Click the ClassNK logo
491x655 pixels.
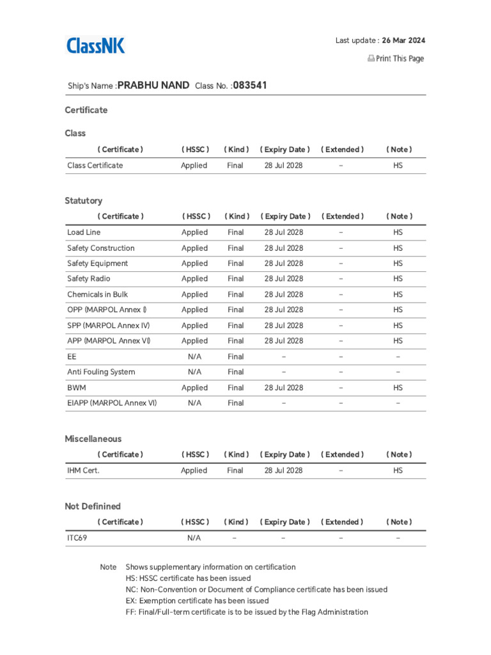pos(96,45)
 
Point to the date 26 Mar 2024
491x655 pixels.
pos(403,40)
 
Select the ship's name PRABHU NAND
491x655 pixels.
pos(153,85)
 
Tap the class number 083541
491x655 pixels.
pos(250,85)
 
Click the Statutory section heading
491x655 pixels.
pos(83,201)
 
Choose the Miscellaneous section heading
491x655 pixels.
pos(93,439)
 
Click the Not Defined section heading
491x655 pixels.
pos(92,506)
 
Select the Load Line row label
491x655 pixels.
pos(84,232)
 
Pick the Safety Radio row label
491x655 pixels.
pos(88,279)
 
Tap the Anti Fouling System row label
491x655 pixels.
pos(101,372)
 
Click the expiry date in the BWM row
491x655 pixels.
pos(284,388)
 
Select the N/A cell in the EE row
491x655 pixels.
pos(194,356)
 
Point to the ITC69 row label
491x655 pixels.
pos(77,538)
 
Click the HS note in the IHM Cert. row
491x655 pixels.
pos(398,470)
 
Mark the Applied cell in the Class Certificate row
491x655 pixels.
pos(194,166)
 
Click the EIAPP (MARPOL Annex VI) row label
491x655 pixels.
pos(112,403)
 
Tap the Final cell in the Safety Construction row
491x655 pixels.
pos(235,248)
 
